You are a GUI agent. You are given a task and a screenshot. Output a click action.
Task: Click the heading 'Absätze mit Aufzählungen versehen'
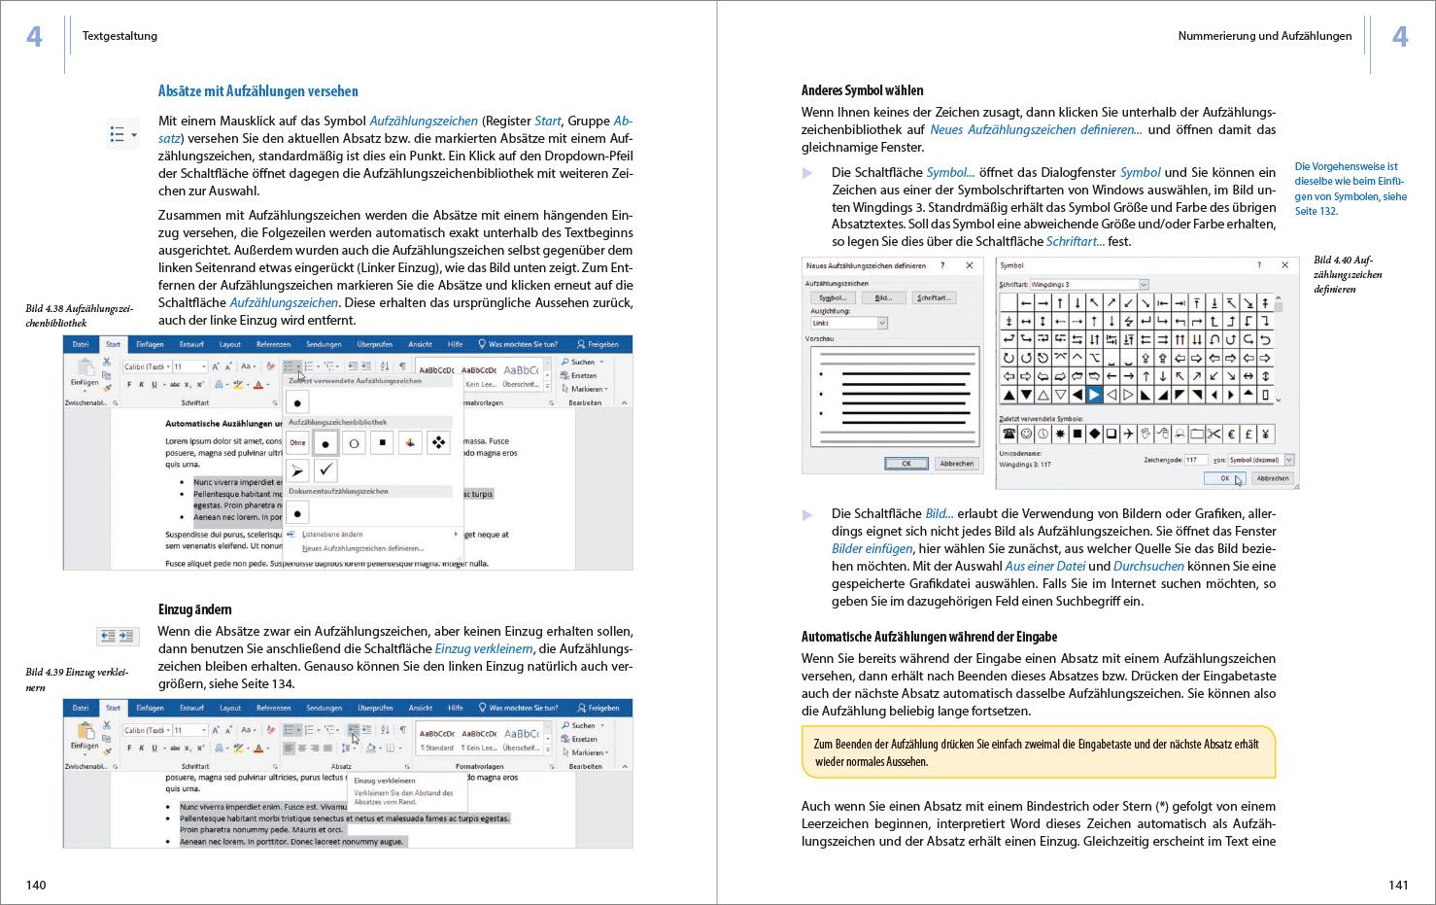257,91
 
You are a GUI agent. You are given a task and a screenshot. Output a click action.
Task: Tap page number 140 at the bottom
36,885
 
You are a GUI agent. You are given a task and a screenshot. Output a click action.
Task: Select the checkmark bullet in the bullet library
326,470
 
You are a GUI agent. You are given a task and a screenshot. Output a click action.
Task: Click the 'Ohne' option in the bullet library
297,443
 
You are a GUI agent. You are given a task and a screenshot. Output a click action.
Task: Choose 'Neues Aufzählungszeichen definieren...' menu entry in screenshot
362,548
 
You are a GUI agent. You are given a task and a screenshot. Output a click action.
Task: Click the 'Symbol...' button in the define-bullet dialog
832,297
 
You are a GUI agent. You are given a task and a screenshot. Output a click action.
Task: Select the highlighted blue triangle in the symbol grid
1094,395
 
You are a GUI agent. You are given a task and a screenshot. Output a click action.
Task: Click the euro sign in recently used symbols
1231,435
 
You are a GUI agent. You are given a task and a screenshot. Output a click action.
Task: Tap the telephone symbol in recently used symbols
1009,435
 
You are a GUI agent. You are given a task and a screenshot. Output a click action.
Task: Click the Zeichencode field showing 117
1195,460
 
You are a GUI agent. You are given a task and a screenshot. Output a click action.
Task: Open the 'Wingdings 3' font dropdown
1144,284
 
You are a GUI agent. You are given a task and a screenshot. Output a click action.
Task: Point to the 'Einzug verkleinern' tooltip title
385,781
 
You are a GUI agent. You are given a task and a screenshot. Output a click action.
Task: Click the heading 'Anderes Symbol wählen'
862,90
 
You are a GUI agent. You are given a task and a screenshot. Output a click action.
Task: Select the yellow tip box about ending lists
1038,752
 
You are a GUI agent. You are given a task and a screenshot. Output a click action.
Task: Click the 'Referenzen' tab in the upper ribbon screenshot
273,344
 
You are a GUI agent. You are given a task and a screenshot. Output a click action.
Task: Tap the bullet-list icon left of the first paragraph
122,134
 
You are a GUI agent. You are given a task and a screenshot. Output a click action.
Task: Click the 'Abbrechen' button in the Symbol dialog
1272,478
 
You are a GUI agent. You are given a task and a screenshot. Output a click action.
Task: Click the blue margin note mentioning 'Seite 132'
1351,189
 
